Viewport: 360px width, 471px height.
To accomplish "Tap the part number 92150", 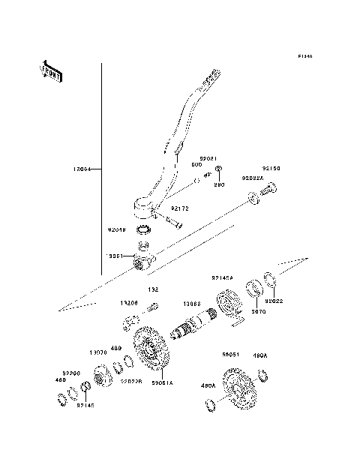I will (x=271, y=169).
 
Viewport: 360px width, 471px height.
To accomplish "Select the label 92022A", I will (x=252, y=178).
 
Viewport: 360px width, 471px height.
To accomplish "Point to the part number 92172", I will (x=180, y=208).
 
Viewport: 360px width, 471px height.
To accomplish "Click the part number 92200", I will (x=70, y=371).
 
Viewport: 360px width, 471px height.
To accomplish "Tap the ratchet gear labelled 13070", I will (x=101, y=375).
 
